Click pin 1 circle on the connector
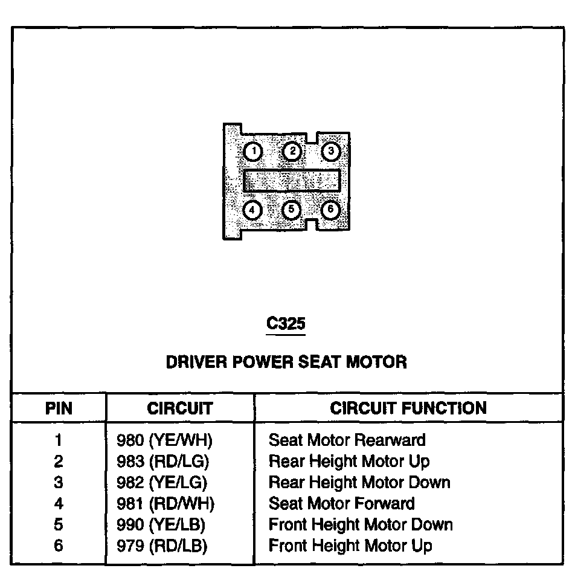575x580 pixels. [x=254, y=151]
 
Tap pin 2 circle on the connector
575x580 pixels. [x=292, y=151]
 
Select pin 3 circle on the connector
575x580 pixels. [x=330, y=151]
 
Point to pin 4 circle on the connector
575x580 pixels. [x=252, y=210]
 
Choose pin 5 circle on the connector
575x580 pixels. [x=292, y=210]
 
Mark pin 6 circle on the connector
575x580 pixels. [x=330, y=210]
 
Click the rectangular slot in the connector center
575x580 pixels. [x=292, y=180]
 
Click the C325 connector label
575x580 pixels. [x=286, y=324]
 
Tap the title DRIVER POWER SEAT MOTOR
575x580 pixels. [x=286, y=362]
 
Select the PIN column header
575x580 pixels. [x=59, y=408]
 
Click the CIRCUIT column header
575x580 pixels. [x=180, y=408]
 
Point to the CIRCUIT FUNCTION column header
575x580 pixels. [x=408, y=408]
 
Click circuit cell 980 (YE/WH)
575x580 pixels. [x=164, y=440]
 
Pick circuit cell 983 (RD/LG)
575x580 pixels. [x=162, y=462]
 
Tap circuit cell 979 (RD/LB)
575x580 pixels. [x=162, y=546]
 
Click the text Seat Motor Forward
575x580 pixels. [x=342, y=503]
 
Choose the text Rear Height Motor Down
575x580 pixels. [x=359, y=482]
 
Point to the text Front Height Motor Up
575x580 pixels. [x=350, y=546]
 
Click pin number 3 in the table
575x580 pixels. [x=59, y=482]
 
